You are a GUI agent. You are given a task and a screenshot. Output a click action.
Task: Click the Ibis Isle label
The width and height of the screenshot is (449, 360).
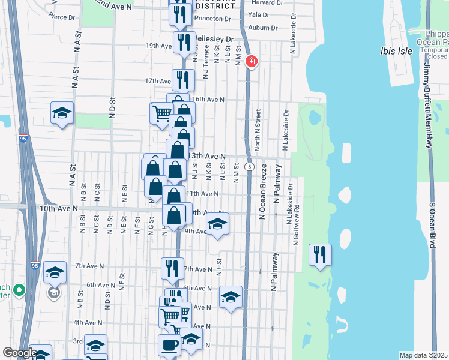coord(397,51)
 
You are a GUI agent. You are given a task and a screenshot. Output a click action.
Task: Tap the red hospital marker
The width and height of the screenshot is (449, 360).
coord(252,61)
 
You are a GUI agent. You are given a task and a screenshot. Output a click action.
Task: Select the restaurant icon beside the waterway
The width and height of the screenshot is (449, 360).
coord(319,254)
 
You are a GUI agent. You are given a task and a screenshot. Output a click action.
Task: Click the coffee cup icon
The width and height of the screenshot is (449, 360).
coord(169,345)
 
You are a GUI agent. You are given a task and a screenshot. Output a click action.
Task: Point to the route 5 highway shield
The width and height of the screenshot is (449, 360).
coord(249,166)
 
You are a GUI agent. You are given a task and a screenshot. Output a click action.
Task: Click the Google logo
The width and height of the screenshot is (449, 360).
coord(20,353)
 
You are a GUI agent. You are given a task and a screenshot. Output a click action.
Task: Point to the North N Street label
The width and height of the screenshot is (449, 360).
coord(258,129)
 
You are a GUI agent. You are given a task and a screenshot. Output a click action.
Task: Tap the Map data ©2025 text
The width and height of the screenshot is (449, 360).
coord(423,355)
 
